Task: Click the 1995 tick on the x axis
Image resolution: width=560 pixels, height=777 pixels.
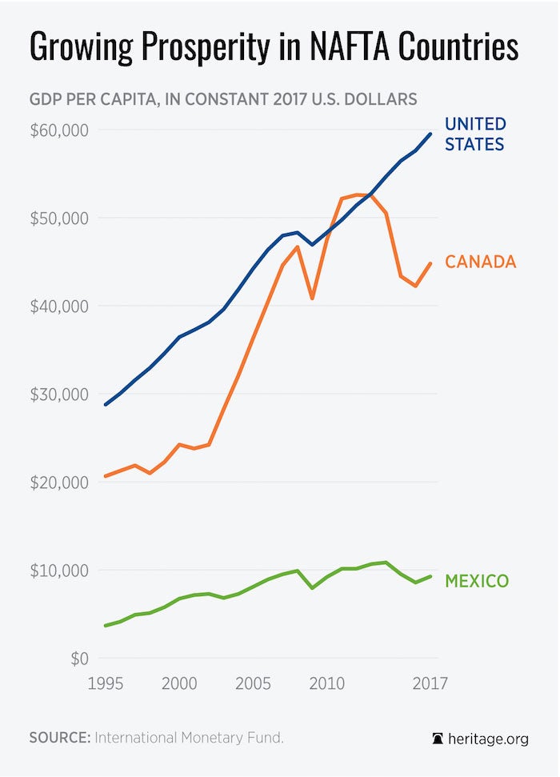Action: (105, 684)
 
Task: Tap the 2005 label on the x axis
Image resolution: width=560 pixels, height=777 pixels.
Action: (254, 684)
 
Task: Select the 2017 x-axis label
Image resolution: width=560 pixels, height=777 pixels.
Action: (430, 684)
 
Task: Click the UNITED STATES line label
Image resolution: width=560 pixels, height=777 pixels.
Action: (475, 134)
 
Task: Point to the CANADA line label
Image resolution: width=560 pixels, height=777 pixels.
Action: (480, 262)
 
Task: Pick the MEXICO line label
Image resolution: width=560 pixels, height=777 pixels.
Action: (476, 581)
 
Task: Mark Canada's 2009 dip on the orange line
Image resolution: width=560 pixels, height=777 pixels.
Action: (312, 298)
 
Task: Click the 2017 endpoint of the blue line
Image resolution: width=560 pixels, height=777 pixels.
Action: (430, 134)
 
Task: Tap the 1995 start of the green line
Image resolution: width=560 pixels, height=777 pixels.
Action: (105, 626)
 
